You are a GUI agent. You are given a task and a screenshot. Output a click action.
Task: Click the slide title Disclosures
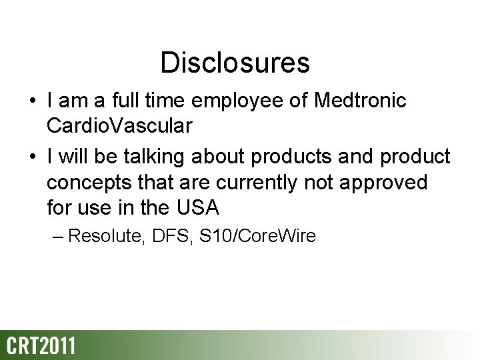[235, 63]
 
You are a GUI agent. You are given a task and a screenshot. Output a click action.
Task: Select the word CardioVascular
[120, 127]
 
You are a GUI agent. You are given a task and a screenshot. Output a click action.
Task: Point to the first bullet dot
[32, 103]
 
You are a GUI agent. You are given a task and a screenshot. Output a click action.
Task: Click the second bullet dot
[32, 157]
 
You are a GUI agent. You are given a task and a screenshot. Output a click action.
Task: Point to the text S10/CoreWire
[257, 236]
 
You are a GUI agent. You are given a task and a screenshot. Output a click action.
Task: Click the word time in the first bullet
[173, 102]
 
